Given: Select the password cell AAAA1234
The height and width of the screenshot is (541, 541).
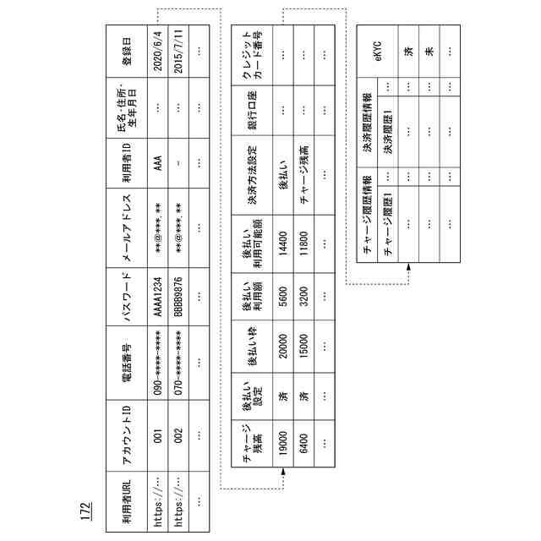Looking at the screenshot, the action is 158,297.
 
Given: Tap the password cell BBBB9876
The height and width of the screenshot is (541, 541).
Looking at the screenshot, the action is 178,297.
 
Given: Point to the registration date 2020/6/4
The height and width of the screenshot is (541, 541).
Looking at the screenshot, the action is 158,51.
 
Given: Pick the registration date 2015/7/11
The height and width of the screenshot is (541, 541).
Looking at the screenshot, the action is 178,51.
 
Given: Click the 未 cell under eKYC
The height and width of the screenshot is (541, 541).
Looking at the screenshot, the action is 429,51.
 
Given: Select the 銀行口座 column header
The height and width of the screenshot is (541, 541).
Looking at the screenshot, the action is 251,120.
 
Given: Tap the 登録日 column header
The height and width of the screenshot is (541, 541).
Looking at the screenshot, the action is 126,51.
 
